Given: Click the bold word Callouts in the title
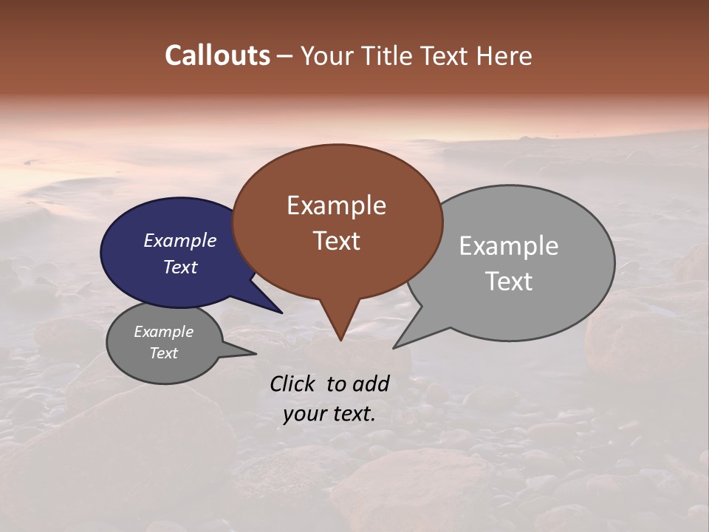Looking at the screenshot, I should [x=217, y=55].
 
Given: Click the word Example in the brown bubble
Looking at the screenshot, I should [x=336, y=205].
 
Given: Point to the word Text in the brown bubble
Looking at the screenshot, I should [x=336, y=241].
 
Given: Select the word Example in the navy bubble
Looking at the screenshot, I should [x=179, y=240].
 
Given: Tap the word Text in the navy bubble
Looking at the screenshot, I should [x=179, y=267].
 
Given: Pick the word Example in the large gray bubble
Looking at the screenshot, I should [x=509, y=246].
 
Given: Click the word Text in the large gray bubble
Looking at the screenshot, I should [x=509, y=282].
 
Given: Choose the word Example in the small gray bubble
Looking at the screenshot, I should [x=163, y=332].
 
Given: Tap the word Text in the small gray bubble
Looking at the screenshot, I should [x=163, y=353].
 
